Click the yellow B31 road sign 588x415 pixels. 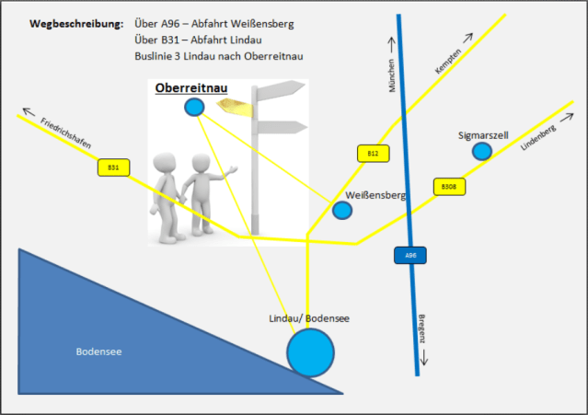click(113, 167)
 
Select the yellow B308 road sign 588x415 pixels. click(448, 187)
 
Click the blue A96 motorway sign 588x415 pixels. click(409, 255)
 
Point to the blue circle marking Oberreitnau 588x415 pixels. click(194, 108)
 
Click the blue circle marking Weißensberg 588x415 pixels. click(342, 211)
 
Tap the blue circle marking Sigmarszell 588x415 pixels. click(481, 151)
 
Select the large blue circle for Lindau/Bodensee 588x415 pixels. click(311, 352)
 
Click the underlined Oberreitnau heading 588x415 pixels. click(191, 86)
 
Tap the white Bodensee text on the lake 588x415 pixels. click(99, 351)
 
